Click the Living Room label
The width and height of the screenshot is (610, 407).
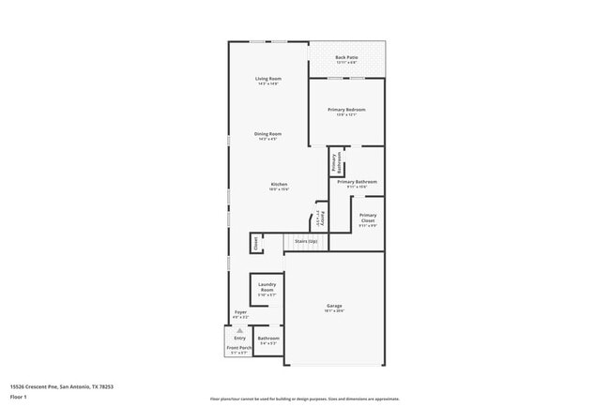268,78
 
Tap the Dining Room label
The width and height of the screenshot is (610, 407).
267,133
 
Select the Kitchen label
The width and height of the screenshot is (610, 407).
279,184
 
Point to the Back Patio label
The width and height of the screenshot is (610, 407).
346,58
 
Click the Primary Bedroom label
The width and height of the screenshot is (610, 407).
346,110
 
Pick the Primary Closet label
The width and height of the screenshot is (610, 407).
367,218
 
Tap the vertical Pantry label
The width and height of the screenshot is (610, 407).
322,219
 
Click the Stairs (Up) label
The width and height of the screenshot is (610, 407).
306,241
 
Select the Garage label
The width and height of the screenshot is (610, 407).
334,306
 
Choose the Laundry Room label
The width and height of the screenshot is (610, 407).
267,288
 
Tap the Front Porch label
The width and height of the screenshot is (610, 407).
238,348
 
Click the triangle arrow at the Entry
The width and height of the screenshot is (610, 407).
239,330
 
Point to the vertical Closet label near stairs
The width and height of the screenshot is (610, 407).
255,243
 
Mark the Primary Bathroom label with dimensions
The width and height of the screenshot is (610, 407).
357,181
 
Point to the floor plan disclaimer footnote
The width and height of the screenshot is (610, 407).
304,398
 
